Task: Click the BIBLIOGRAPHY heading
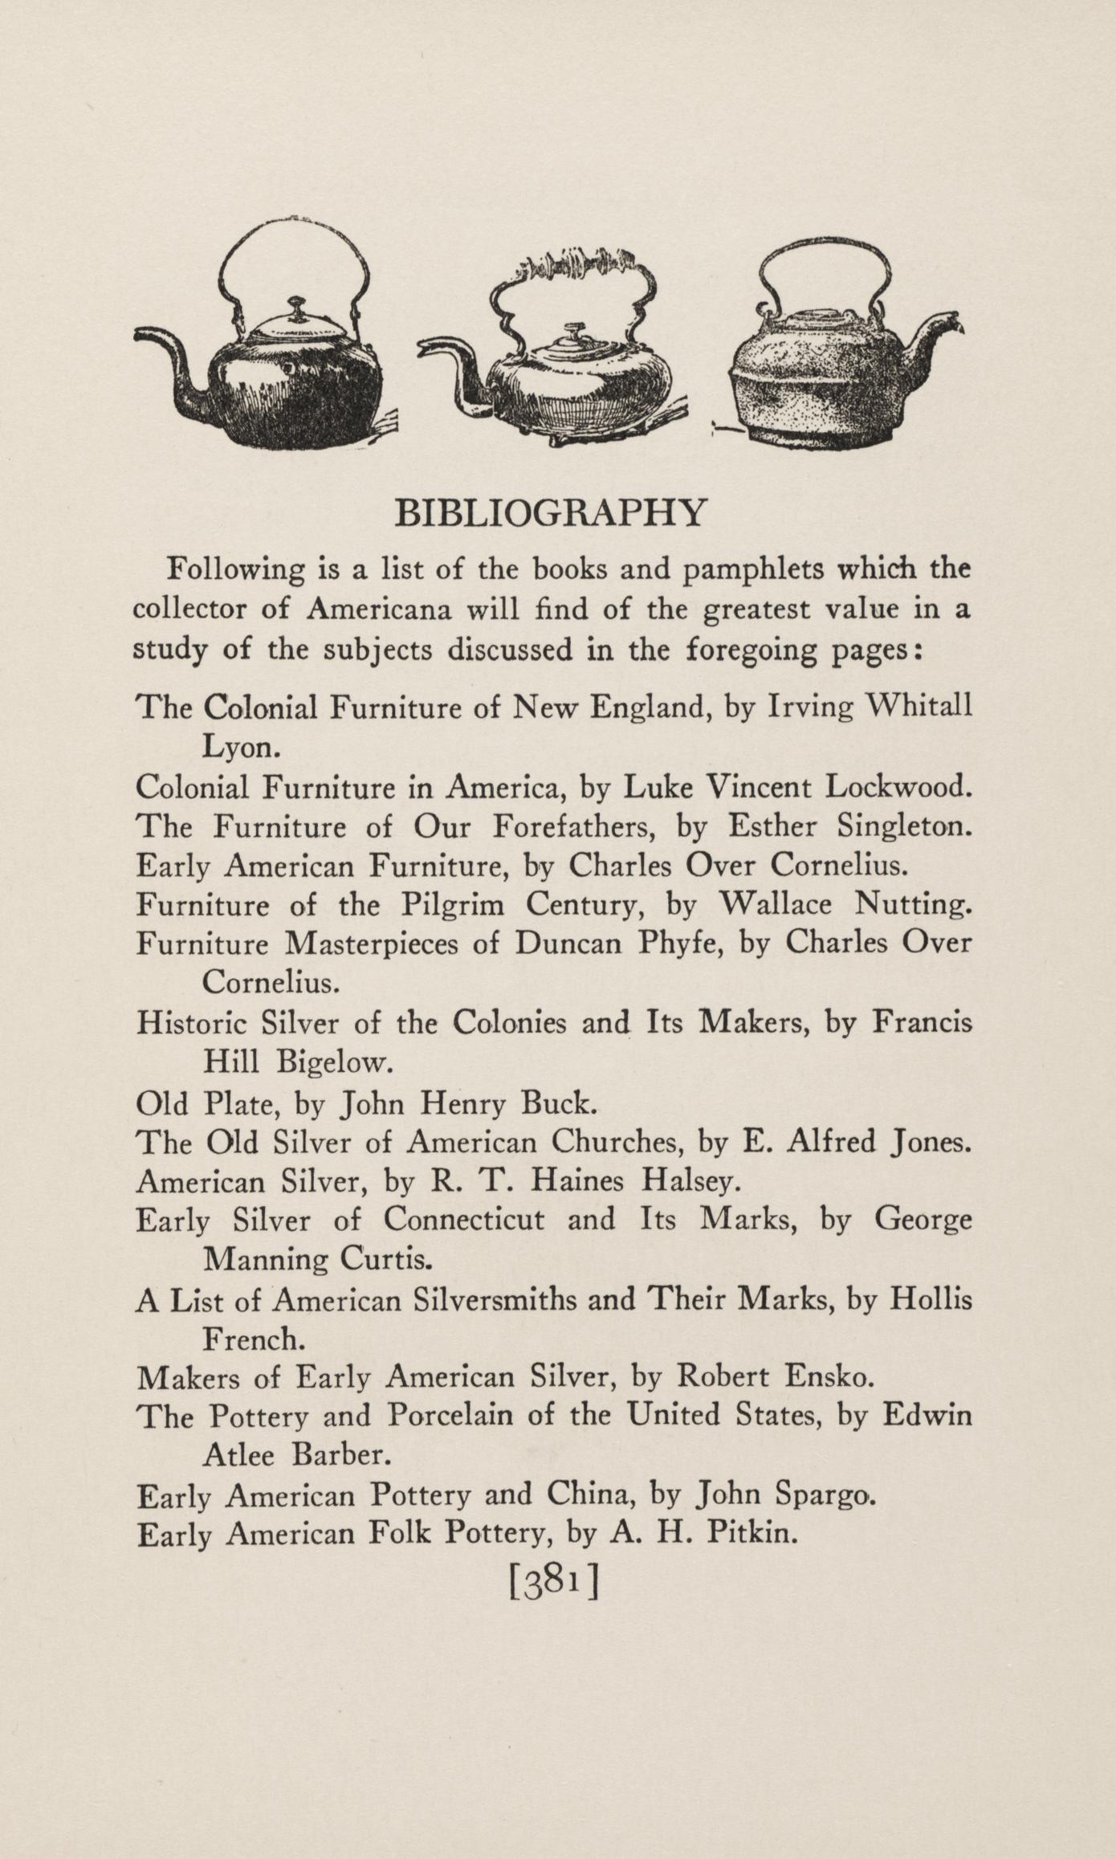tap(552, 512)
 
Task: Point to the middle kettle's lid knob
tap(572, 330)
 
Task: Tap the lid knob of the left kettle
tap(298, 306)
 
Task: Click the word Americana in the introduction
tap(380, 609)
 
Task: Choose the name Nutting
tap(913, 906)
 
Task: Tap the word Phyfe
tap(682, 944)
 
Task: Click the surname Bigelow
tap(334, 1062)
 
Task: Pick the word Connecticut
tap(463, 1220)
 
